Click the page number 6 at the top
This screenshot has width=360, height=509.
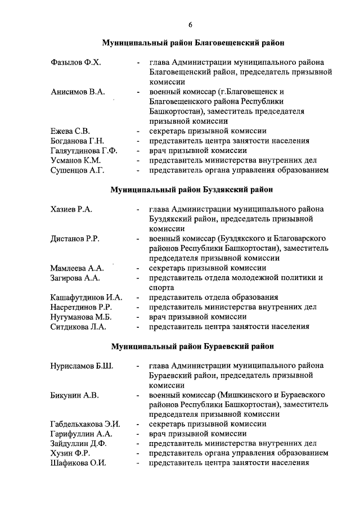pos(190,24)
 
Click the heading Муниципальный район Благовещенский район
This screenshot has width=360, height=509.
pos(190,42)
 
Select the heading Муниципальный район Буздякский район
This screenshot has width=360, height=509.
pos(190,190)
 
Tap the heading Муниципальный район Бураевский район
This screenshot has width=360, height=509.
pos(190,346)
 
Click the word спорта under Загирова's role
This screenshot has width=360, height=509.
pos(161,287)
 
